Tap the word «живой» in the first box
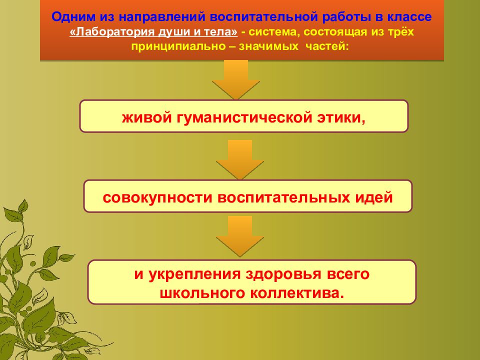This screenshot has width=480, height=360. [147, 117]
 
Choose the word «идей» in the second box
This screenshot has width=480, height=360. [374, 197]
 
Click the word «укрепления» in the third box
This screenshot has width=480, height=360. [194, 274]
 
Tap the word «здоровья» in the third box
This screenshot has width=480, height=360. [283, 274]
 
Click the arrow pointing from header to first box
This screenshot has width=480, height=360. [235, 79]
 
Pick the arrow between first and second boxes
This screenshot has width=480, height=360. [239, 160]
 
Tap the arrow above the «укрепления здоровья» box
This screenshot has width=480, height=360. [239, 236]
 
